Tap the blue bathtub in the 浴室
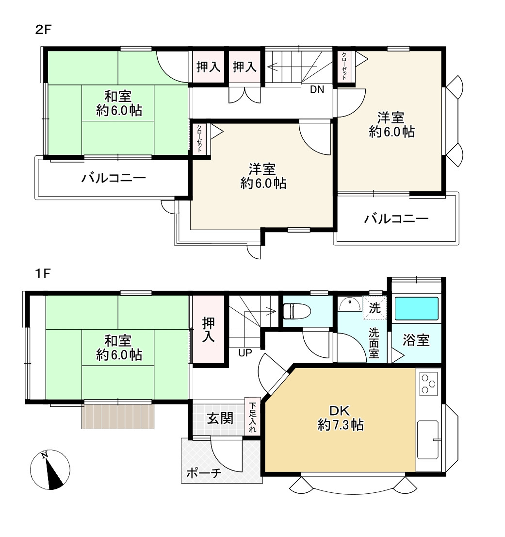(x=416, y=309)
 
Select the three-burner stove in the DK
(x=429, y=384)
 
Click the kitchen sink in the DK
(x=428, y=440)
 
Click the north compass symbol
(x=50, y=470)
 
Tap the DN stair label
(x=317, y=90)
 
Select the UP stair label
(x=245, y=353)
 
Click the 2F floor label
(x=43, y=30)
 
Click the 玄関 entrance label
(x=220, y=418)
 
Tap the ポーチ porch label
(x=204, y=473)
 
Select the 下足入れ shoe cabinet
(x=252, y=417)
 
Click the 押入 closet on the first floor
(x=209, y=330)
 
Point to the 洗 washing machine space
(x=375, y=308)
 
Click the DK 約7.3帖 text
(x=341, y=418)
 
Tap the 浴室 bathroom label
(x=416, y=340)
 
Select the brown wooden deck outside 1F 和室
(x=118, y=416)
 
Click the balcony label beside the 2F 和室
(x=114, y=178)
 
